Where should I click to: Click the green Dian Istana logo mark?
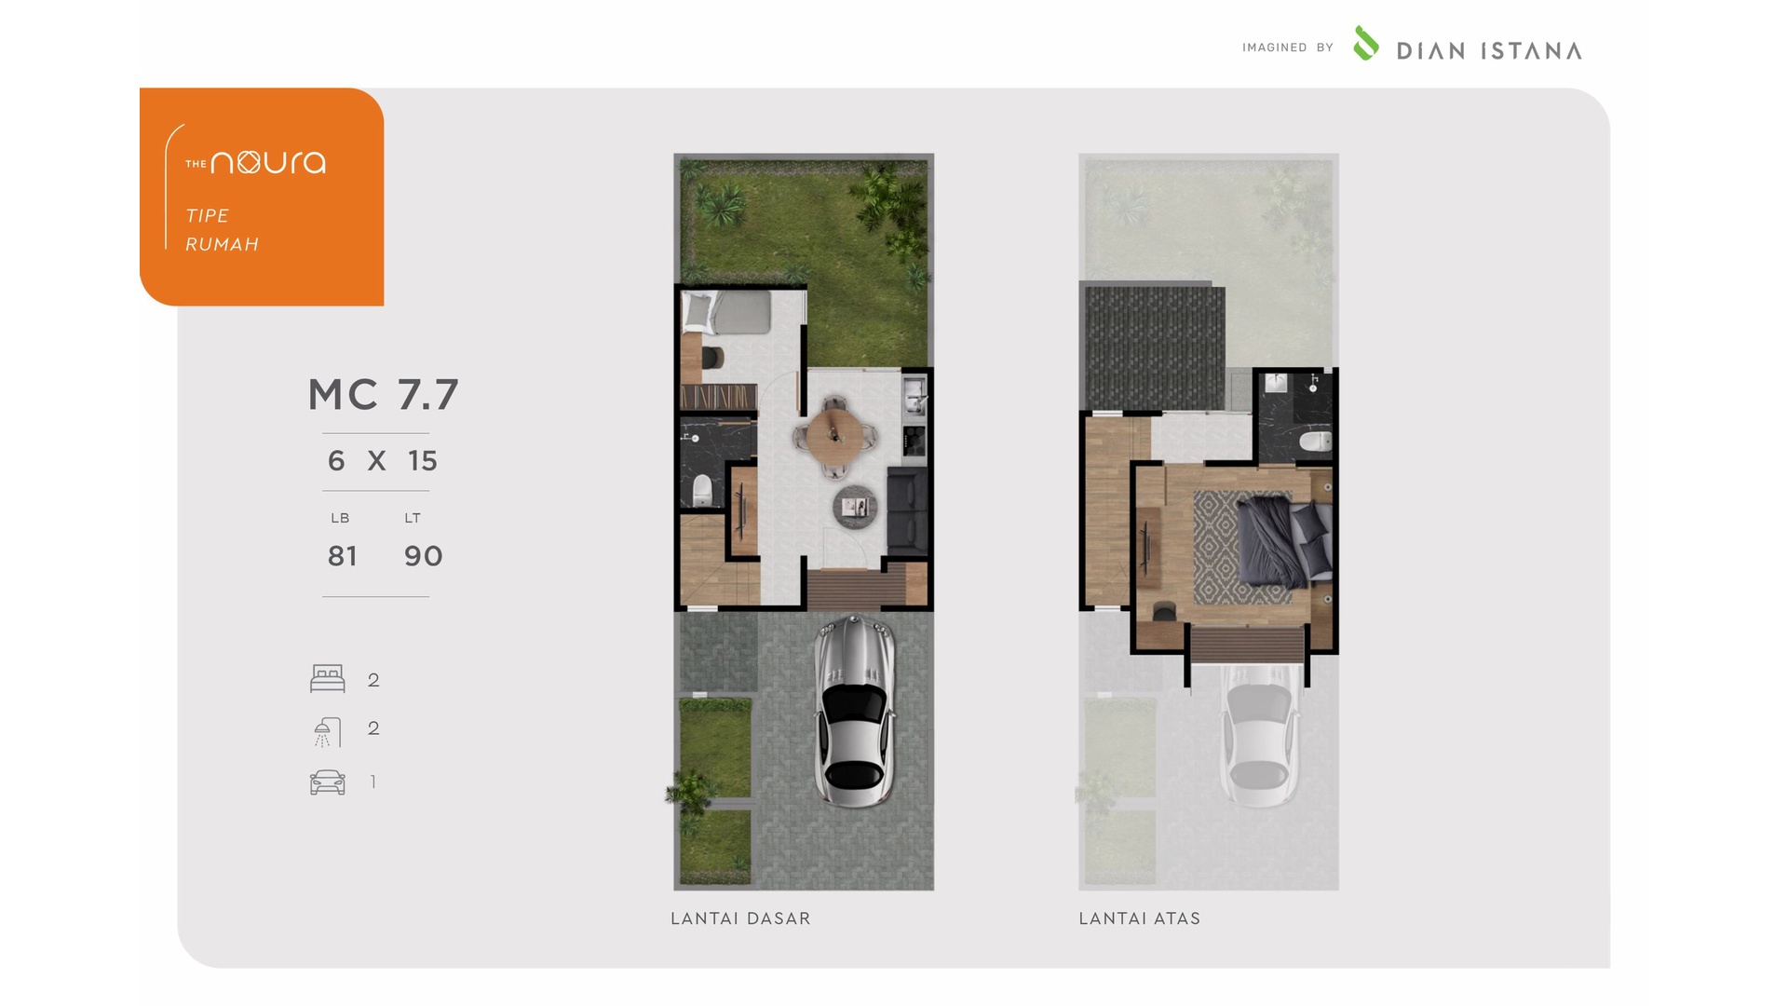[x=1365, y=43]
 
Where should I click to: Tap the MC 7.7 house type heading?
[x=384, y=395]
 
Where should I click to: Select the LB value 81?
[x=342, y=556]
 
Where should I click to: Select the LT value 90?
[x=423, y=556]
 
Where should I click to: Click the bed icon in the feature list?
[x=328, y=678]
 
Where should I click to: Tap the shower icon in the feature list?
[x=327, y=732]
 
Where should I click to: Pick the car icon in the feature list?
[x=328, y=782]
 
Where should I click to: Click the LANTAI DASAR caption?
[x=740, y=918]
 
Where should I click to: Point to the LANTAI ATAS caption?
[x=1140, y=918]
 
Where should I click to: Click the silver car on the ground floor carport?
[x=854, y=711]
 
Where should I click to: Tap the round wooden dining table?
[x=835, y=432]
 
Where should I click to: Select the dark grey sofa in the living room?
[x=907, y=511]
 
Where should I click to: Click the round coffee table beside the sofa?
[x=855, y=507]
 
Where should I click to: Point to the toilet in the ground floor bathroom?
[x=702, y=490]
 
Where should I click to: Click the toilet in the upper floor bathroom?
[x=1315, y=441]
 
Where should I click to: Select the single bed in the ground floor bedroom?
[x=726, y=311]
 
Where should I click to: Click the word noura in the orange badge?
[x=268, y=162]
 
